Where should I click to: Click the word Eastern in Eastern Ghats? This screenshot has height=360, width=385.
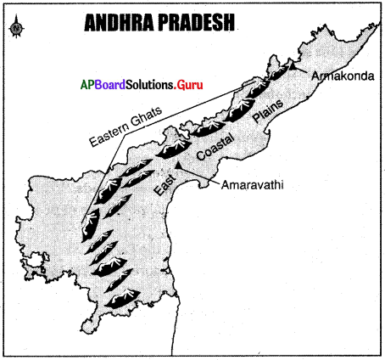(100, 140)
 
